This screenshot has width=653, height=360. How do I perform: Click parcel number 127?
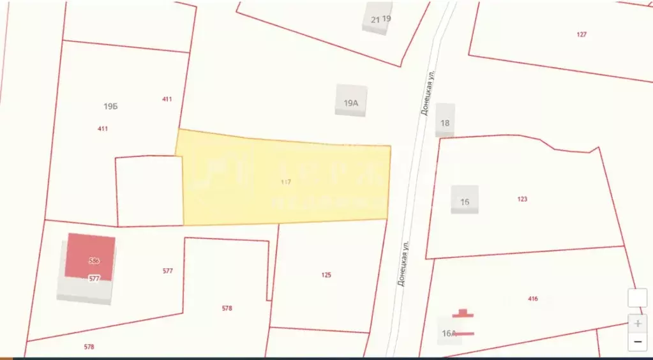[581, 34]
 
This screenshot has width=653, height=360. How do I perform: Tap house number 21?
[375, 20]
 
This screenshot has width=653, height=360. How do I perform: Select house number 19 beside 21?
[386, 19]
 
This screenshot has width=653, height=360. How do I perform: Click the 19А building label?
[351, 103]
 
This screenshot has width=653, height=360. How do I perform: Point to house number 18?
[445, 123]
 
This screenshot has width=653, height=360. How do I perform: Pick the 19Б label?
[110, 107]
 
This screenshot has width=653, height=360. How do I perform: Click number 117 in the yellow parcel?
[286, 182]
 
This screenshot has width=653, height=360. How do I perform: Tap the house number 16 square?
[465, 202]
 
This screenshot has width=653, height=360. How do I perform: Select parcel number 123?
[522, 199]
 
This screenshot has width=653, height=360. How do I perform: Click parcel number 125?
[326, 275]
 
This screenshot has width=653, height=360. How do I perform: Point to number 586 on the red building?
[94, 260]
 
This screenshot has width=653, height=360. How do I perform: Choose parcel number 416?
[533, 299]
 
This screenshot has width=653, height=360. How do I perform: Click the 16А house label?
[449, 333]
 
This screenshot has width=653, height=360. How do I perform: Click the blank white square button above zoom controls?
[637, 298]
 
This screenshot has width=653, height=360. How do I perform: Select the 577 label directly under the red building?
[94, 278]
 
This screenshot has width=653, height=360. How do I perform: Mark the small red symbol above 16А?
[463, 313]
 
